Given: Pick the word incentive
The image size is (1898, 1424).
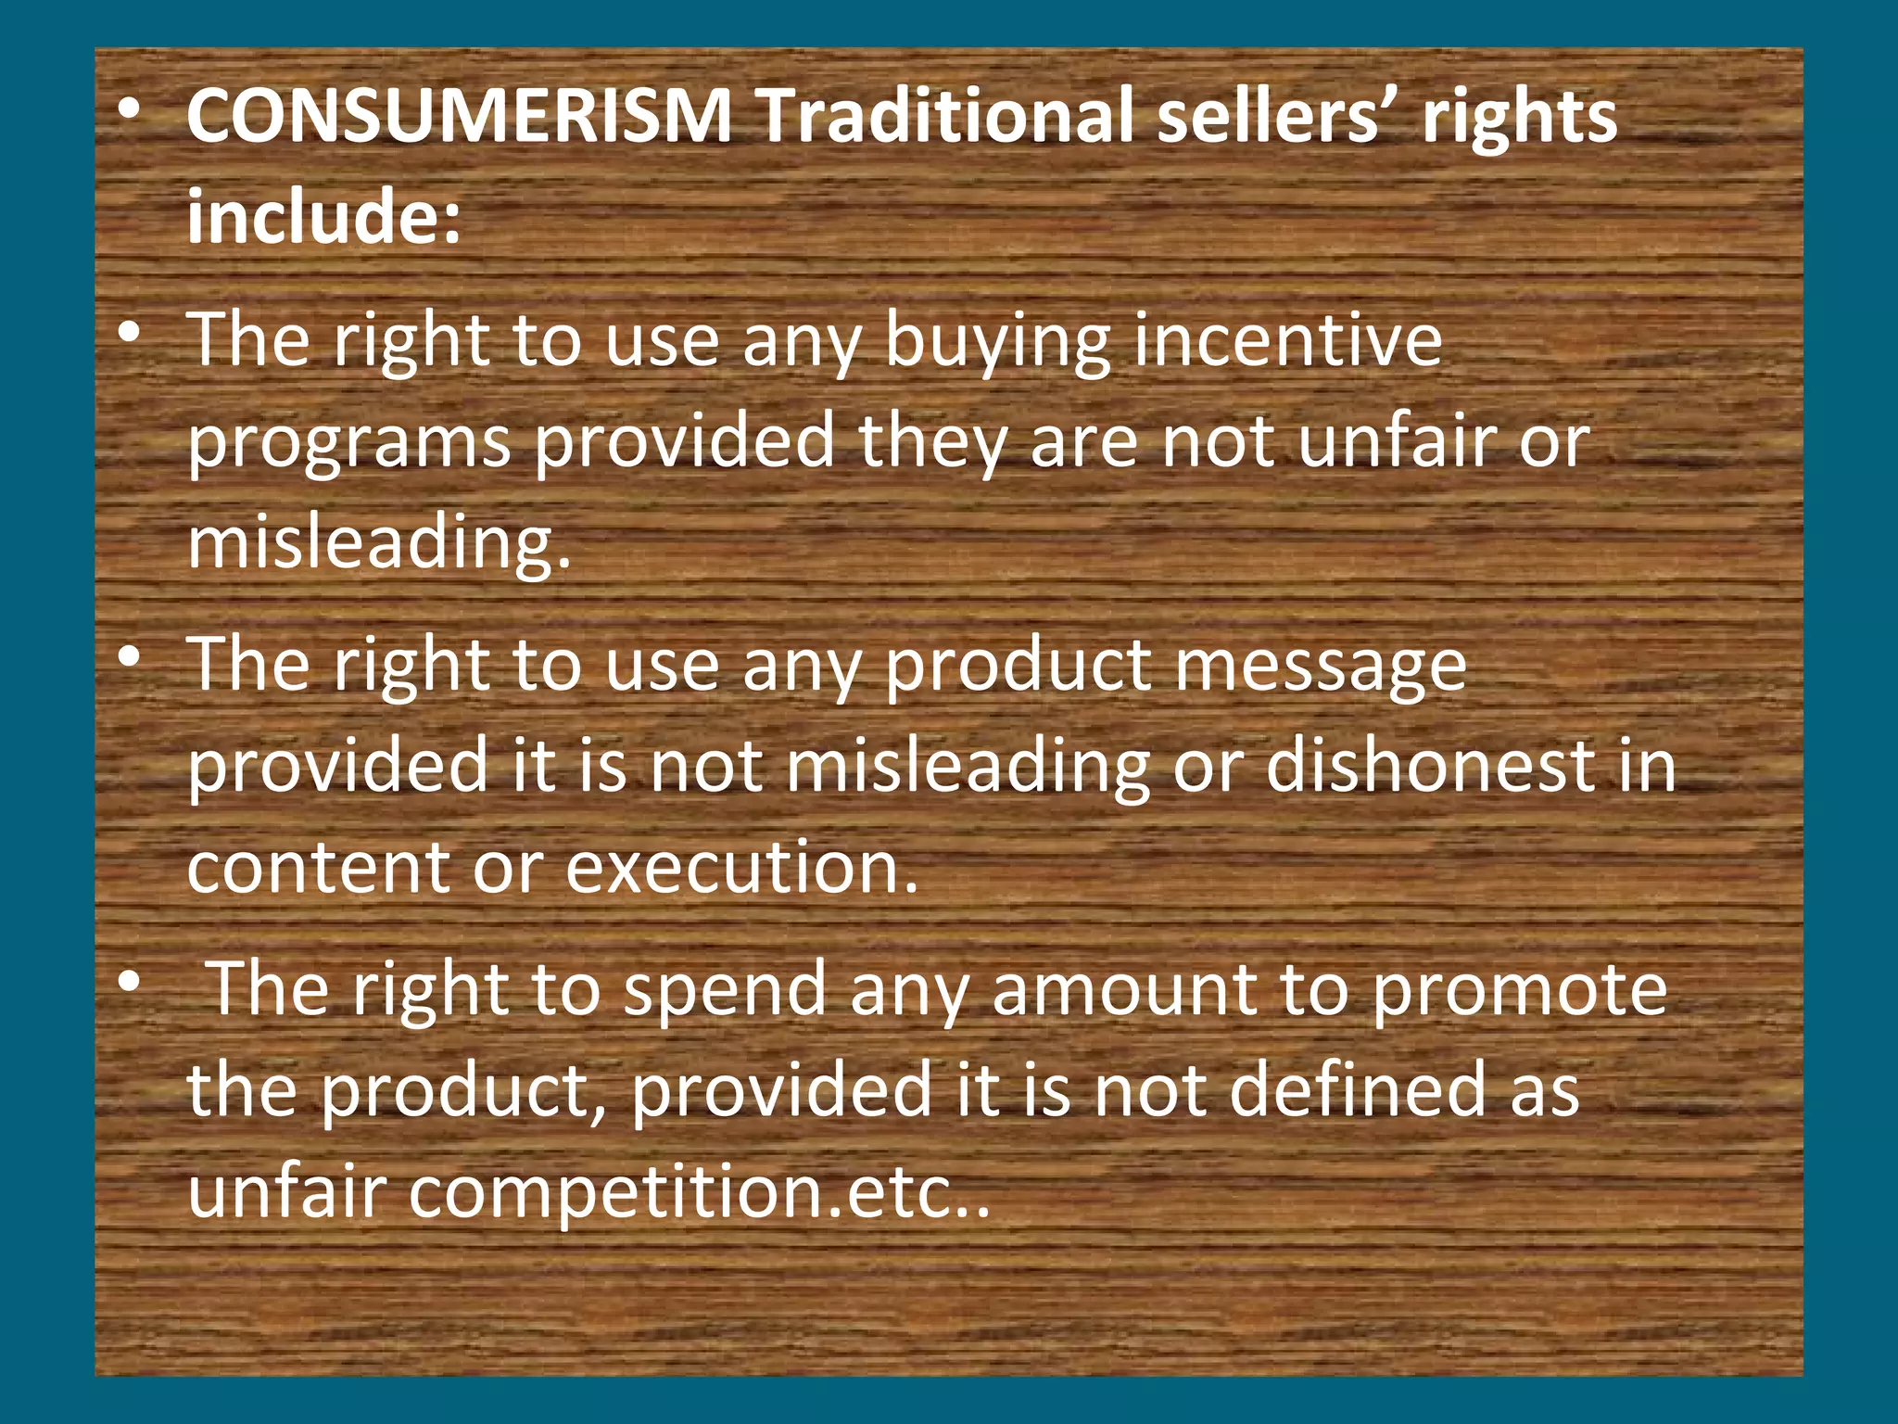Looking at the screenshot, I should pyautogui.click(x=1287, y=340).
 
